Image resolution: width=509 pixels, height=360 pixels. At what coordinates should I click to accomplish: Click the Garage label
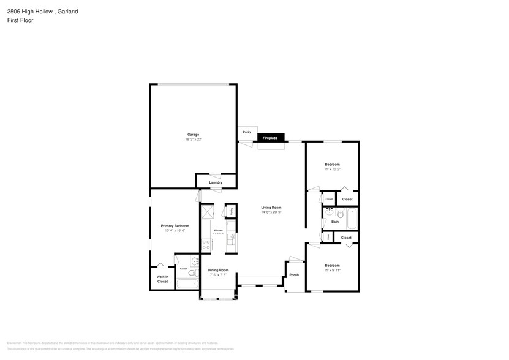coord(193,135)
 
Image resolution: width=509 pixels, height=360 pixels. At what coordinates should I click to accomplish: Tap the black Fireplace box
coord(270,138)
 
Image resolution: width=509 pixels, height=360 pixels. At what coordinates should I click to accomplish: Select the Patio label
coord(247,132)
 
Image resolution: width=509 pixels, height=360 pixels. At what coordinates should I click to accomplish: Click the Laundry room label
coord(215,182)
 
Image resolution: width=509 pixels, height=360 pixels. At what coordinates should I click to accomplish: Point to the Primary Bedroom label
coord(175,225)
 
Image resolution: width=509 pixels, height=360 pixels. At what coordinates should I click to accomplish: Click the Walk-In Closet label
coord(162,279)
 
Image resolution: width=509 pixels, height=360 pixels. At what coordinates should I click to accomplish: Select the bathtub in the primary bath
coord(187,283)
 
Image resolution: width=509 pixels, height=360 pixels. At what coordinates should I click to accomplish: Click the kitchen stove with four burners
coord(206,244)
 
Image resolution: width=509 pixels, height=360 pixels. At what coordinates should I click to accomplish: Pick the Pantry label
coord(231,211)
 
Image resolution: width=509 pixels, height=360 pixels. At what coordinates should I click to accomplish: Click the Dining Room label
coord(218,270)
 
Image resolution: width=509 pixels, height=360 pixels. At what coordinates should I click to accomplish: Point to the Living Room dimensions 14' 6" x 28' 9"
coord(271,212)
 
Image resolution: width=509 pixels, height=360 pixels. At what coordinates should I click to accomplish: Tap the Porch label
coord(294,275)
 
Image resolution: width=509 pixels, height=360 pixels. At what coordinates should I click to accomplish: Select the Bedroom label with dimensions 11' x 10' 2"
coord(332,165)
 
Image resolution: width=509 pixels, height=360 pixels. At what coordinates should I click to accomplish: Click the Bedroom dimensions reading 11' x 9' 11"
coord(332,270)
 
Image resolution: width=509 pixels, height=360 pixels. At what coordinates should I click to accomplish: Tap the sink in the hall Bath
coord(330,212)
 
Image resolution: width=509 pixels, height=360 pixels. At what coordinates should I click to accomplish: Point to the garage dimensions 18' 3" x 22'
coord(193,140)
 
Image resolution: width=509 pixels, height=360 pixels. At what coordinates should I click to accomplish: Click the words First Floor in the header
coord(20,20)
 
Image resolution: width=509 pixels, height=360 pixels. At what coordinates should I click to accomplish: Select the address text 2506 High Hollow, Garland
coord(42,12)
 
